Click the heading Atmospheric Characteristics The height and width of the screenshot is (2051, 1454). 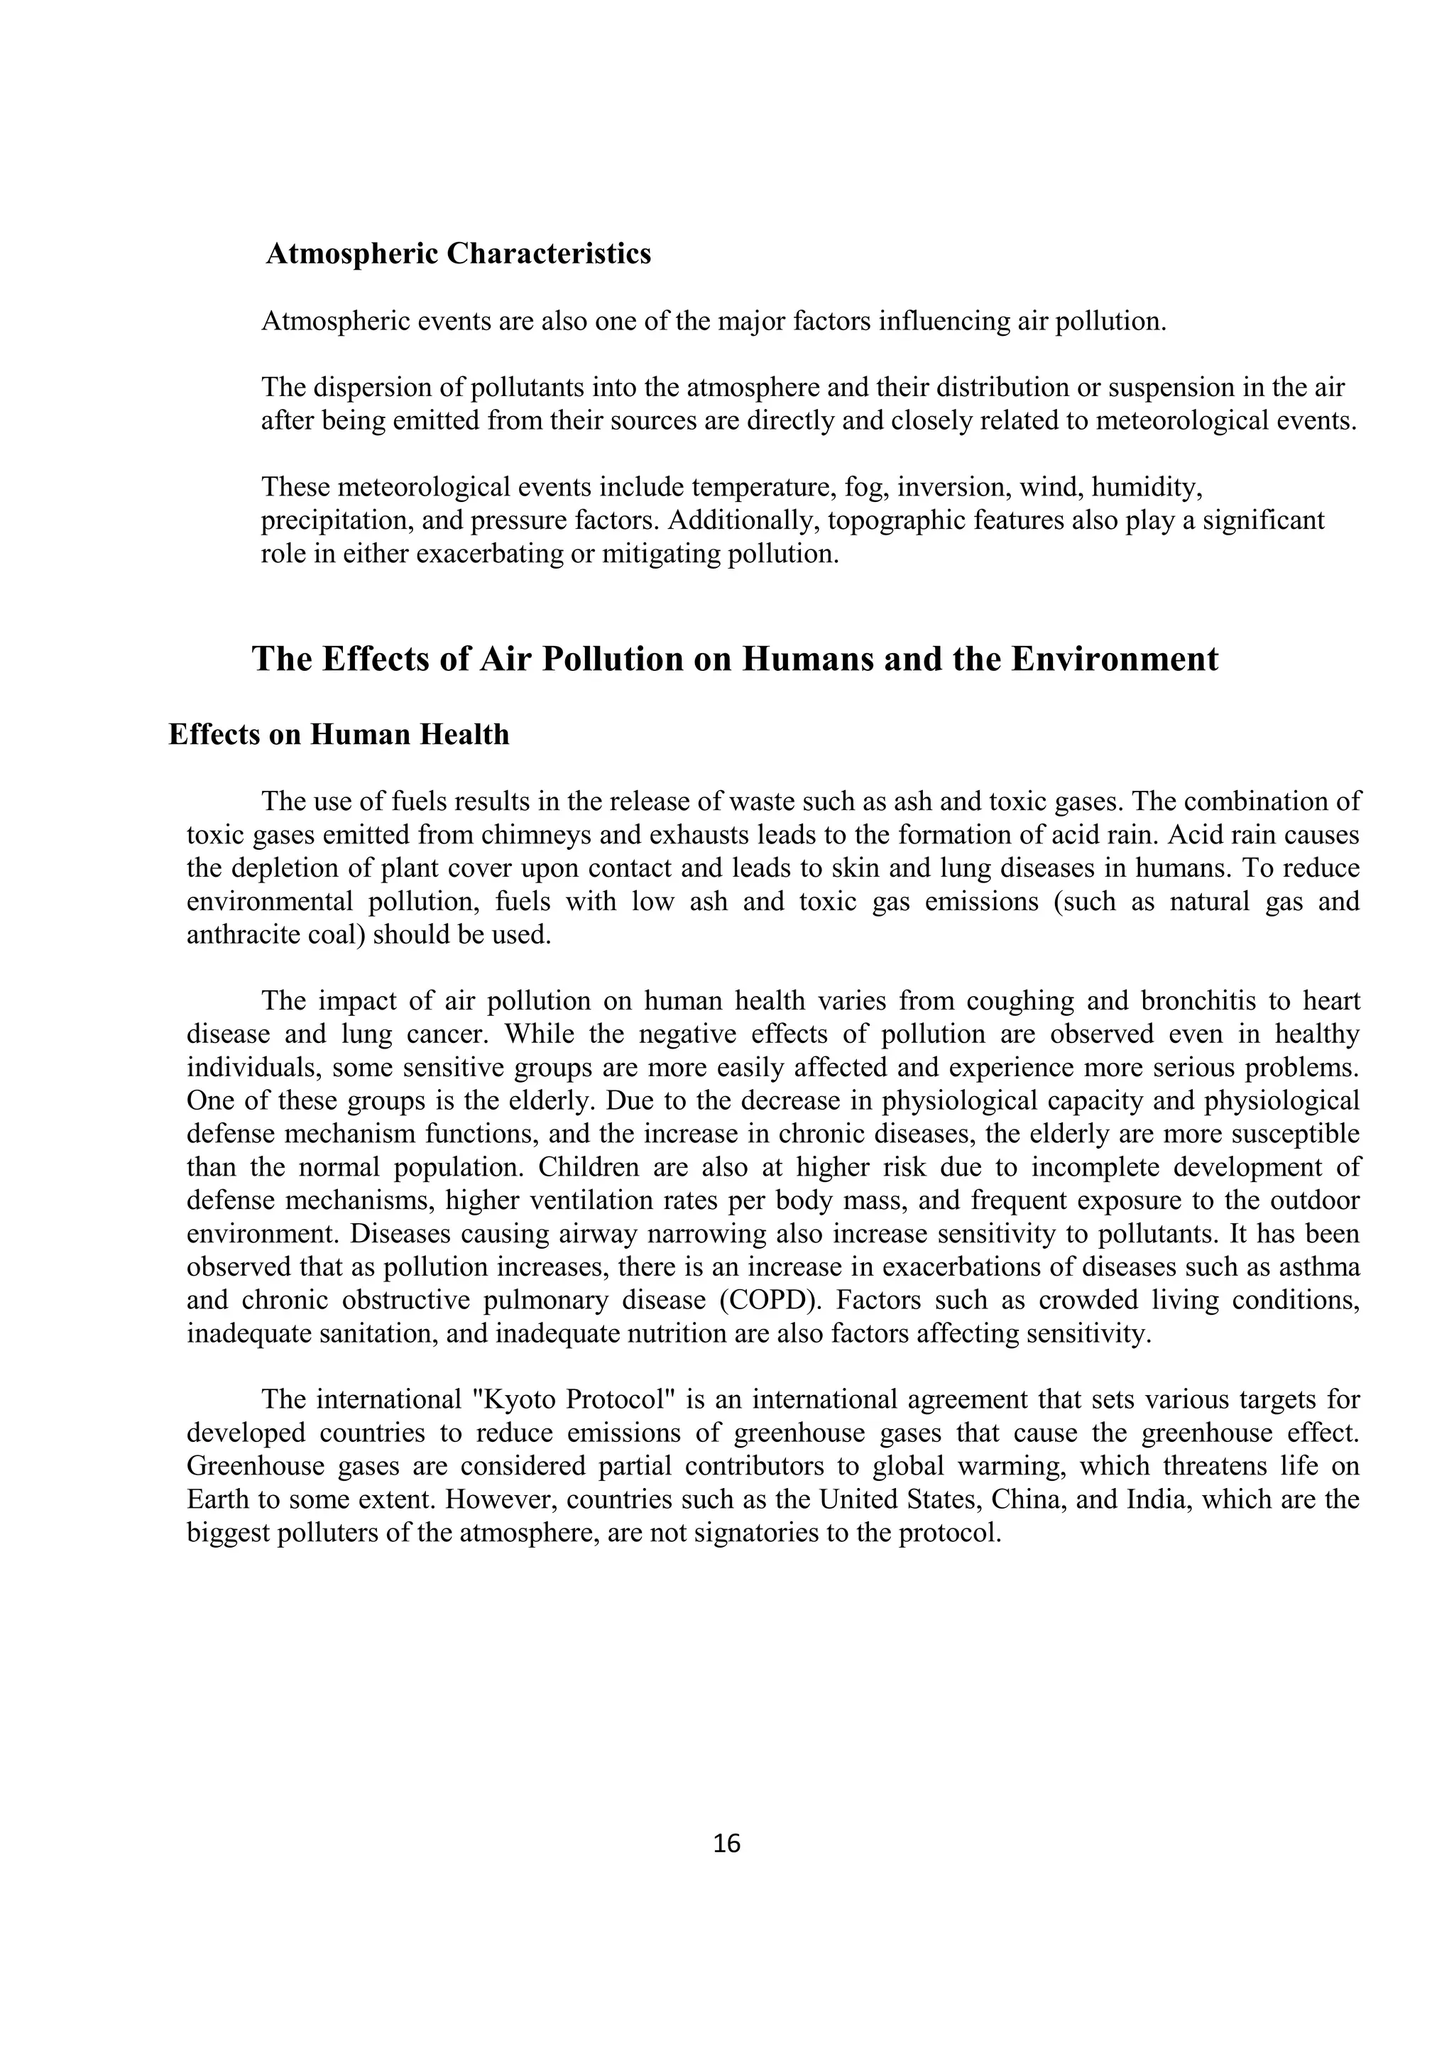point(459,254)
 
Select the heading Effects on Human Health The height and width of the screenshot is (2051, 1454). point(339,735)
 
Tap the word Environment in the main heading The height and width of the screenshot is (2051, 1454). point(1115,660)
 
